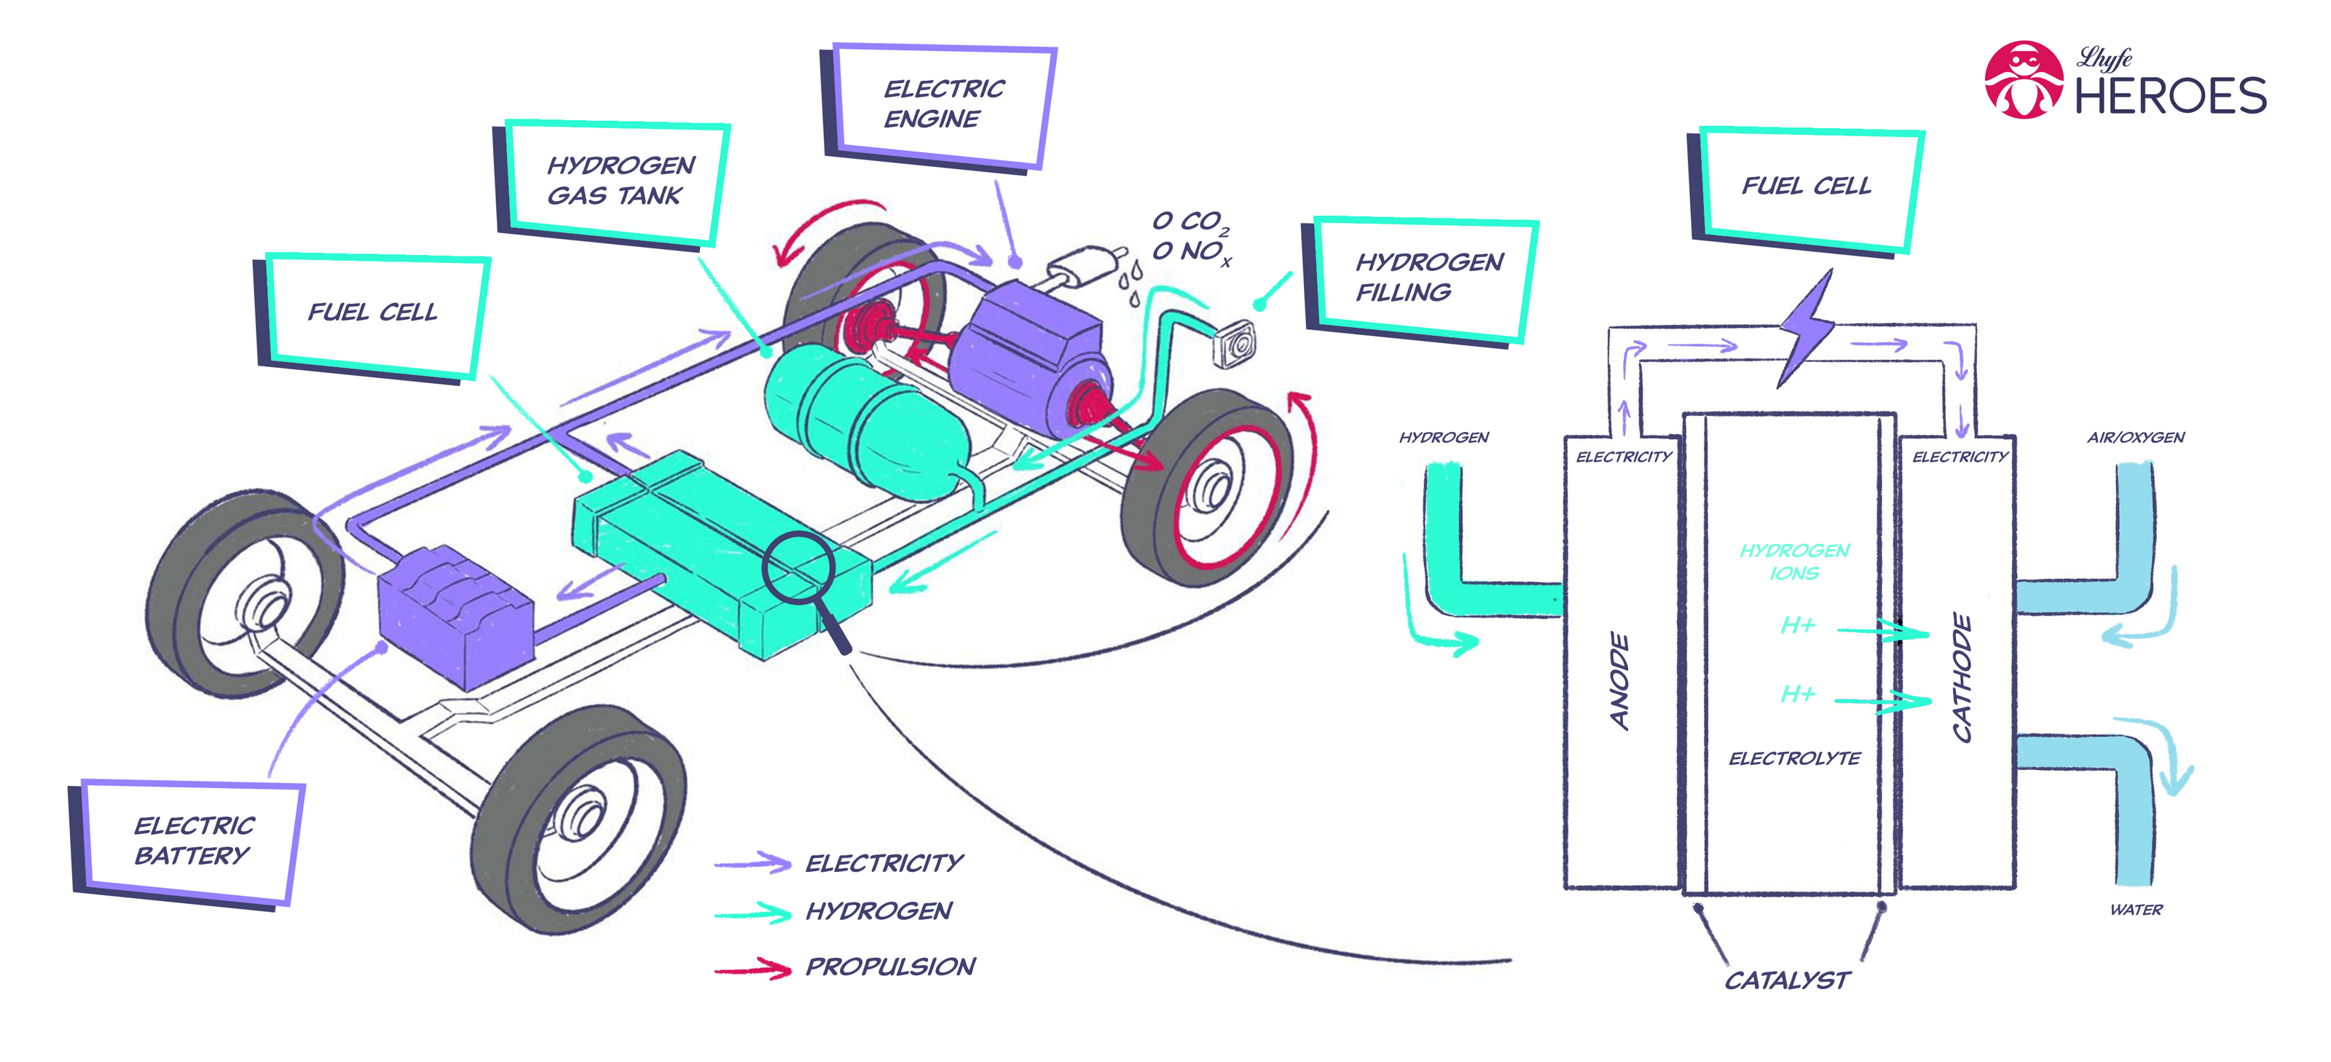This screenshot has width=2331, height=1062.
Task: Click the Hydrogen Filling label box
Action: click(x=1426, y=278)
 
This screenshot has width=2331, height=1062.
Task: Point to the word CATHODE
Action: click(x=1962, y=678)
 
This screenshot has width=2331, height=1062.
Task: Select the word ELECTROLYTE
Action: click(x=1794, y=759)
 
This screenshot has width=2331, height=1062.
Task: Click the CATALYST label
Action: click(x=1786, y=980)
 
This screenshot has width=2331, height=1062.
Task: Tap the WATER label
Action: click(x=2136, y=910)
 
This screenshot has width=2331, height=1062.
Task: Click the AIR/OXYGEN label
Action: click(x=2136, y=438)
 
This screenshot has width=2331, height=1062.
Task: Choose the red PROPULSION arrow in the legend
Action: click(x=753, y=969)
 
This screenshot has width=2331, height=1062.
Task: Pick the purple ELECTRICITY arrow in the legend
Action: click(x=753, y=863)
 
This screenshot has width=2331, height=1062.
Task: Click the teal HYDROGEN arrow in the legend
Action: click(x=753, y=913)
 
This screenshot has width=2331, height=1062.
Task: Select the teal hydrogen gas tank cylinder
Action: click(x=864, y=425)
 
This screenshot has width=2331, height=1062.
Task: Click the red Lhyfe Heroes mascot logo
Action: click(x=2024, y=79)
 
